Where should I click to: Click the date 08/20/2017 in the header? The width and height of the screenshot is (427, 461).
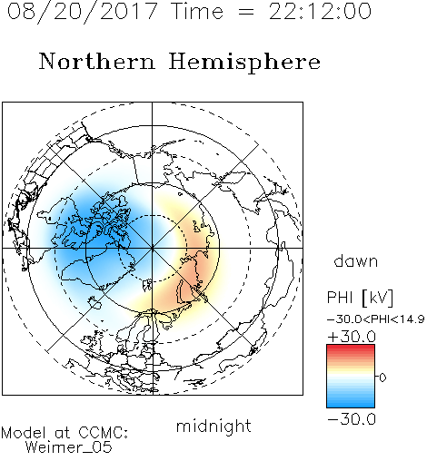point(82,12)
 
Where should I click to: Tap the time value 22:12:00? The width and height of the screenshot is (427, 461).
point(320,12)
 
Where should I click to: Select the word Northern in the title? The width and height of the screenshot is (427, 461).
point(97,61)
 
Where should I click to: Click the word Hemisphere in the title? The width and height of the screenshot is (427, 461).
point(244,63)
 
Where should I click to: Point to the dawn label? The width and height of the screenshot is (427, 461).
point(356,260)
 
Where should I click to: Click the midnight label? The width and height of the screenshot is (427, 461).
point(213,427)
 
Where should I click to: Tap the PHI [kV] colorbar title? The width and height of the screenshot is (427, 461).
point(360,298)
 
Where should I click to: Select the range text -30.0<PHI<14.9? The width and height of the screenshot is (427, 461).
point(376,319)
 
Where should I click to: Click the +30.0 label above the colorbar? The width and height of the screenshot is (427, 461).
point(352,337)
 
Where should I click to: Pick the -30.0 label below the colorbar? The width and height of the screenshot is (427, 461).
point(352,419)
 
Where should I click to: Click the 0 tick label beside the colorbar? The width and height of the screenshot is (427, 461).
point(382,378)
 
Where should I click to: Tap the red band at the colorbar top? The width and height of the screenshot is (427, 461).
point(351,348)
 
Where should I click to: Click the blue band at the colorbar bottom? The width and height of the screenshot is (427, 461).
point(351,403)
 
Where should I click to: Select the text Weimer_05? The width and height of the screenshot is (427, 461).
point(69,447)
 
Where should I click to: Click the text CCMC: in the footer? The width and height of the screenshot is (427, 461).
point(103,433)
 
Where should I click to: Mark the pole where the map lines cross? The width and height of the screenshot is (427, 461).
point(152,248)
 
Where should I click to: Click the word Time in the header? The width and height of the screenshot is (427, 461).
point(197,12)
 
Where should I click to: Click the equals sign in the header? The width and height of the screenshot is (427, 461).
point(246,13)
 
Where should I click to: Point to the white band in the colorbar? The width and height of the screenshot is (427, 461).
point(351,376)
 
